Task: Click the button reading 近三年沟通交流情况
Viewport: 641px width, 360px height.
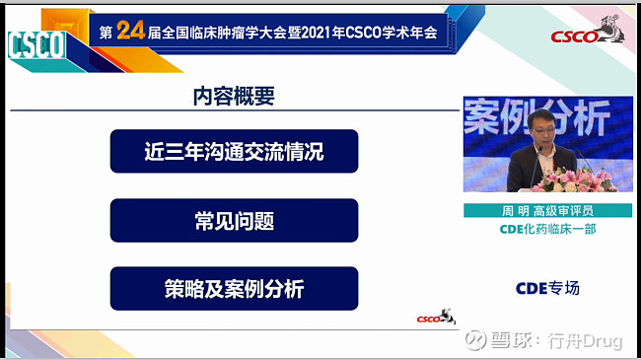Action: coord(234,152)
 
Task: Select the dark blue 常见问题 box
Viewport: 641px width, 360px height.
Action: coord(234,220)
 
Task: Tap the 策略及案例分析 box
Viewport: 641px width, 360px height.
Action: coord(234,289)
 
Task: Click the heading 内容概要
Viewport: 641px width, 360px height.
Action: coord(234,97)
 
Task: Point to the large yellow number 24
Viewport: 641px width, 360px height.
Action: coord(130,32)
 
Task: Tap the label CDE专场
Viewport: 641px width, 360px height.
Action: coord(547,288)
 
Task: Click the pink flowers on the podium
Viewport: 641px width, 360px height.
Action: coord(582,180)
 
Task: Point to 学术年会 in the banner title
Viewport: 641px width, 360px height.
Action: coord(403,32)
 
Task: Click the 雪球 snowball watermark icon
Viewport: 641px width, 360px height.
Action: coord(477,341)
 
